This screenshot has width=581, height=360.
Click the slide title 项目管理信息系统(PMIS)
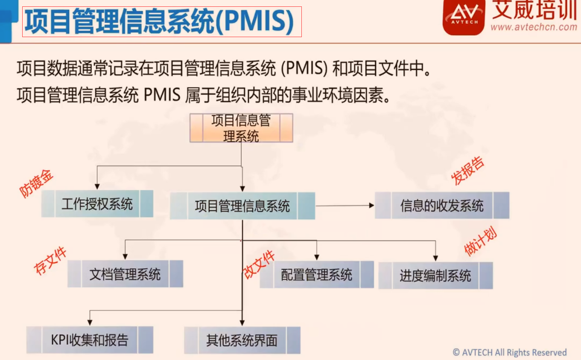click(x=159, y=21)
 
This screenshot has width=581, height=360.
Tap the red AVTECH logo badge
click(x=464, y=17)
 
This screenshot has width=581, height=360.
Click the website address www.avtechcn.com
click(x=534, y=27)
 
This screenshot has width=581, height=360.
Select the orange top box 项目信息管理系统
click(x=241, y=128)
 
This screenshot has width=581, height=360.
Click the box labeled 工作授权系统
click(x=97, y=204)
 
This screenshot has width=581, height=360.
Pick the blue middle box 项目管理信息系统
click(x=242, y=206)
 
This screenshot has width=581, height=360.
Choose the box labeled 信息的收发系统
click(x=442, y=206)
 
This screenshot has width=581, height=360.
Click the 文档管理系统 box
click(x=125, y=274)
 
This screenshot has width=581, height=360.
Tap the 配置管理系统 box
click(x=317, y=274)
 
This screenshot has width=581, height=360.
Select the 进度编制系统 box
click(x=435, y=276)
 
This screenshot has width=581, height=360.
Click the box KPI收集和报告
click(x=90, y=340)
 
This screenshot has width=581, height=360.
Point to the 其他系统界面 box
click(x=242, y=340)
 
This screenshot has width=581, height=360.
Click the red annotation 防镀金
click(x=36, y=184)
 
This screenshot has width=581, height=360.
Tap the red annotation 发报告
click(x=467, y=171)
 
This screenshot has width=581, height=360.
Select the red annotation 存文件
click(x=50, y=261)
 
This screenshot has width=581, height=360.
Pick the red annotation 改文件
click(x=259, y=264)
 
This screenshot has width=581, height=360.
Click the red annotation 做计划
click(x=480, y=241)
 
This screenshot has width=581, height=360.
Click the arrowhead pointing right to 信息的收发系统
click(x=372, y=206)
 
